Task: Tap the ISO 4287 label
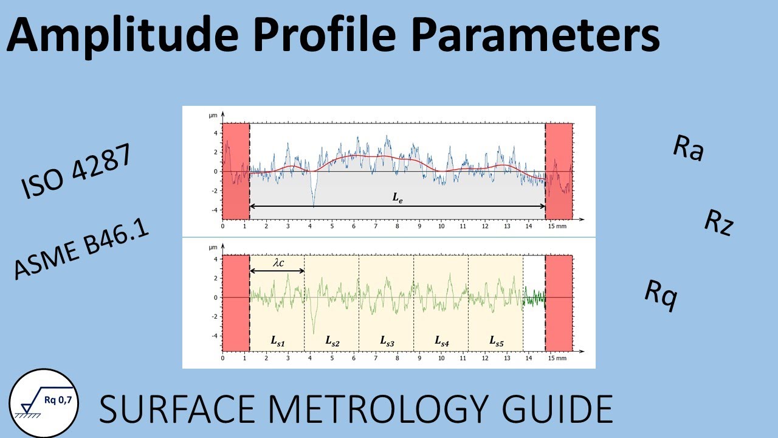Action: point(76,173)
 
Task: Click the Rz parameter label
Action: point(720,222)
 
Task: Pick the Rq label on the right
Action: point(661,296)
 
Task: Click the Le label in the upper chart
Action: point(398,198)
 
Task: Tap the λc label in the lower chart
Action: point(277,263)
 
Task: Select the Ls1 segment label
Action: point(277,342)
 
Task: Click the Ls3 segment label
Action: point(387,342)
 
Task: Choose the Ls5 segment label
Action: point(496,342)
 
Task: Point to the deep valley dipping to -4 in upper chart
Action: point(314,202)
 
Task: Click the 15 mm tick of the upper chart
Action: point(556,226)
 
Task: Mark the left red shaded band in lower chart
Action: point(236,303)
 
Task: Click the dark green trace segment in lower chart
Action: point(534,298)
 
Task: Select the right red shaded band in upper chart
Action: point(559,170)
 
